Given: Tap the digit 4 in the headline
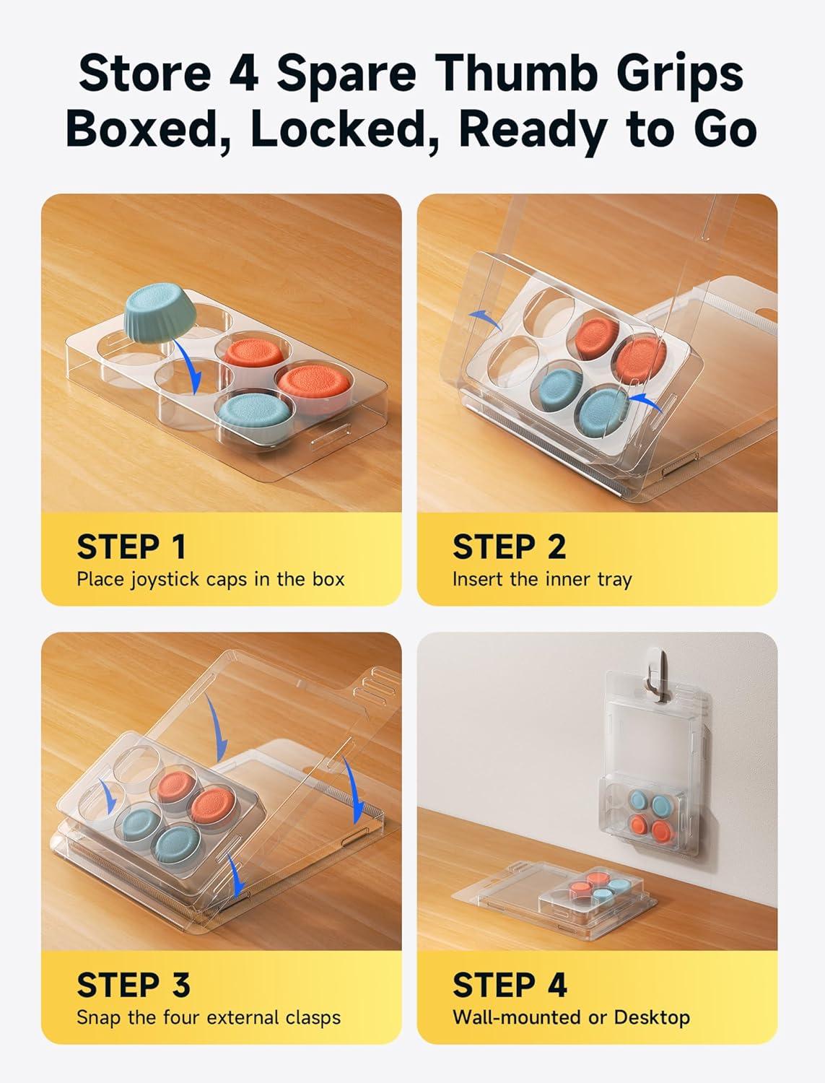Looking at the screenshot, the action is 244,74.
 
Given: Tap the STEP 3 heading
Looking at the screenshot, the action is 133,985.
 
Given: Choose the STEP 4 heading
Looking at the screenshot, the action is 510,985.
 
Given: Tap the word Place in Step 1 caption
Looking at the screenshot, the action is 100,579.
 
